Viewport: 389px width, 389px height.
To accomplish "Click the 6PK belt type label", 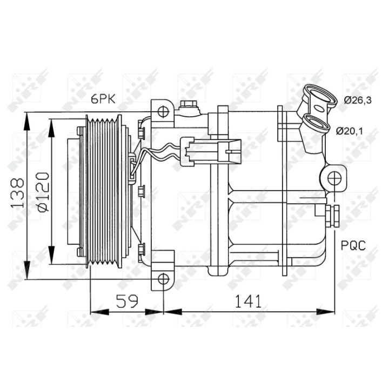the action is (x=103, y=99).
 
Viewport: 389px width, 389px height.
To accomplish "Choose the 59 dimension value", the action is (x=127, y=301).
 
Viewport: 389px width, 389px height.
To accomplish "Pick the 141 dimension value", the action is (x=248, y=301).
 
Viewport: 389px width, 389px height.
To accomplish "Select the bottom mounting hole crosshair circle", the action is (x=164, y=279).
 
